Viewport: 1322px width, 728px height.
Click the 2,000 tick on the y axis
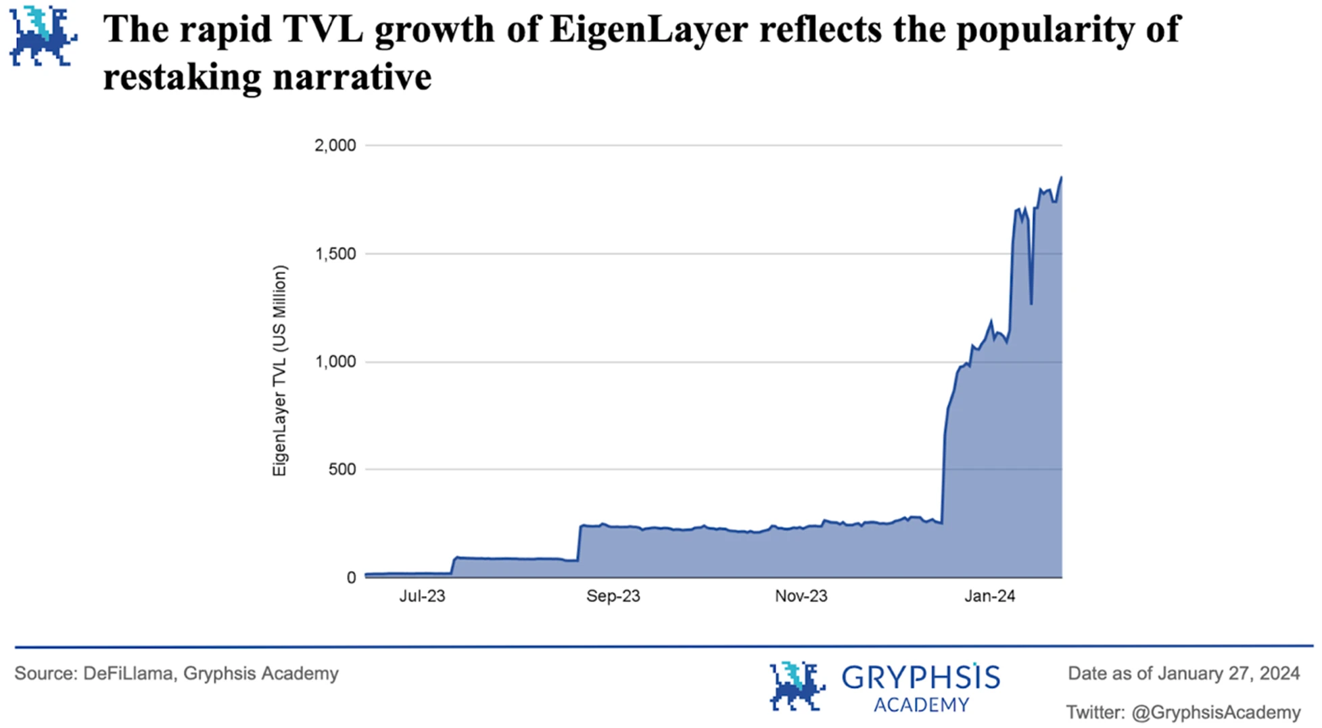335,145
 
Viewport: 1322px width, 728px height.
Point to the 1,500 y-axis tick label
335,254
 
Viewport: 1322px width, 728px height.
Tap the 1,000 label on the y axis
335,362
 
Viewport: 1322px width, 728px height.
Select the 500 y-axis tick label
341,470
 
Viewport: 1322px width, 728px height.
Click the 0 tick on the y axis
351,578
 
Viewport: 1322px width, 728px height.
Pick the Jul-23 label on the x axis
422,596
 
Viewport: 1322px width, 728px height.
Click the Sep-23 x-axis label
613,596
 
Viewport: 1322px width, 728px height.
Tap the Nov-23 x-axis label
801,596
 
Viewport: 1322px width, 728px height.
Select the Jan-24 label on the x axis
989,596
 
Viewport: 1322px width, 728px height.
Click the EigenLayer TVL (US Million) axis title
279,371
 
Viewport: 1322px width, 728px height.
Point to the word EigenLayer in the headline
648,29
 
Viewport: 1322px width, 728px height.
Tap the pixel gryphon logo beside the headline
43,37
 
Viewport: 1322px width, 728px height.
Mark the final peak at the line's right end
1061,177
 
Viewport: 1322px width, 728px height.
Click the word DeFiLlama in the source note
128,674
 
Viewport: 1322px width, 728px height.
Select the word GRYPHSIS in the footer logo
920,677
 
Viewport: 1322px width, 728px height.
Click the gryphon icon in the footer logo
797,686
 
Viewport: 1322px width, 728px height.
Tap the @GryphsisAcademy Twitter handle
1215,712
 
